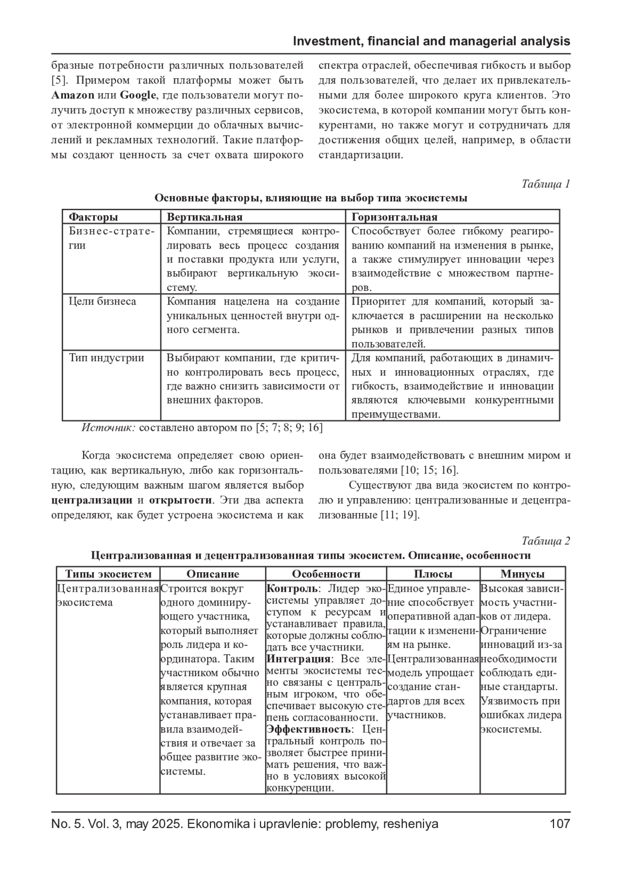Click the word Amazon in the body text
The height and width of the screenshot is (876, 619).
[x=73, y=95]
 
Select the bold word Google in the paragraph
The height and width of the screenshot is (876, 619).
[x=137, y=95]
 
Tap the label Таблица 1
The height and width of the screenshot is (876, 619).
[x=545, y=184]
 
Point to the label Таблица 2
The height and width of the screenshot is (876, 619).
[x=545, y=541]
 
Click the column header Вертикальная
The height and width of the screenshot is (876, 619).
[x=205, y=217]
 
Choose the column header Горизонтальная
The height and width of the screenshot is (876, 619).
[x=395, y=217]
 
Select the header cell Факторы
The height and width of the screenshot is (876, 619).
[x=93, y=217]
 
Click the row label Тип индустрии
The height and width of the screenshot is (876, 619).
[x=106, y=358]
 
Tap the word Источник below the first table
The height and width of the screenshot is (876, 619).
[x=108, y=428]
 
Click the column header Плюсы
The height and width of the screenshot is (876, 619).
[x=433, y=574]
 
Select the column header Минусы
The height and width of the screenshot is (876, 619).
[x=522, y=574]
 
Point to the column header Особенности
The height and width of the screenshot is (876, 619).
[x=326, y=574]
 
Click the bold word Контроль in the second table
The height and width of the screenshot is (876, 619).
[x=291, y=589]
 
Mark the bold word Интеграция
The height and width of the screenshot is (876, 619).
[x=298, y=659]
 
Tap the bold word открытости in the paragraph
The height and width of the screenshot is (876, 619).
[x=181, y=500]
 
